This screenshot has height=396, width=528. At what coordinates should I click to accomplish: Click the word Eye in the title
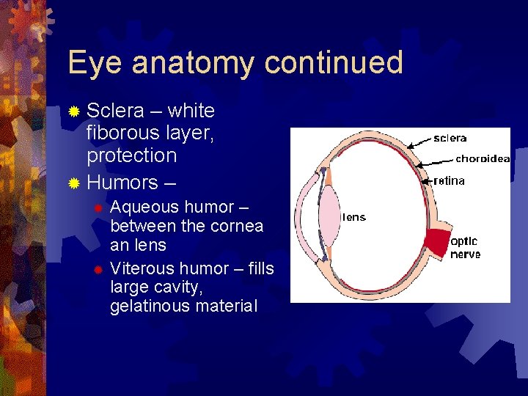(91, 64)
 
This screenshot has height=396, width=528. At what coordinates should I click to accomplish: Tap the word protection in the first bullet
(131, 155)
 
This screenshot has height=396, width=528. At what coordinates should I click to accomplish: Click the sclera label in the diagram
(450, 138)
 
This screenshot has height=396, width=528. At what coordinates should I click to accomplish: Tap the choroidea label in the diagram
(482, 158)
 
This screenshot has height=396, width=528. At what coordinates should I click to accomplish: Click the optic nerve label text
(465, 247)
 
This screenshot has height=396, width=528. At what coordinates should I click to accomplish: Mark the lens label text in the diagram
(354, 217)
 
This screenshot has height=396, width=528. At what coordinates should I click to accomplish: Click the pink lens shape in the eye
(329, 217)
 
